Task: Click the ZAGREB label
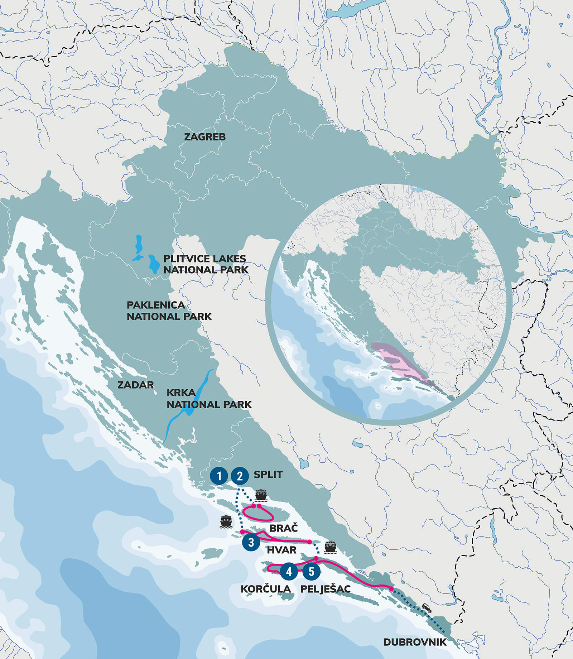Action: click(205, 137)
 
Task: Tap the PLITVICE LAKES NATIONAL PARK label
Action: click(205, 264)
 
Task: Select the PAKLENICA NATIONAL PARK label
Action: click(169, 311)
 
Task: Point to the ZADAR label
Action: click(136, 385)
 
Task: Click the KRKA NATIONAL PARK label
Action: click(209, 399)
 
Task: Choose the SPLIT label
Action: click(268, 475)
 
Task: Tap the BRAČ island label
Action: click(283, 528)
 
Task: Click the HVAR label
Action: click(281, 550)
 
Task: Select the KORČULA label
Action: click(266, 589)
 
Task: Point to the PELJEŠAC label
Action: click(325, 589)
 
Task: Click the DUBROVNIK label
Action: click(415, 642)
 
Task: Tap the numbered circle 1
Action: click(219, 476)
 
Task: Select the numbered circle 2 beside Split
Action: click(240, 476)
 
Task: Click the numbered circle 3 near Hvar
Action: click(251, 542)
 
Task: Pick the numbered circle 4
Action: click(289, 571)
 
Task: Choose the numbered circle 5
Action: click(311, 571)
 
